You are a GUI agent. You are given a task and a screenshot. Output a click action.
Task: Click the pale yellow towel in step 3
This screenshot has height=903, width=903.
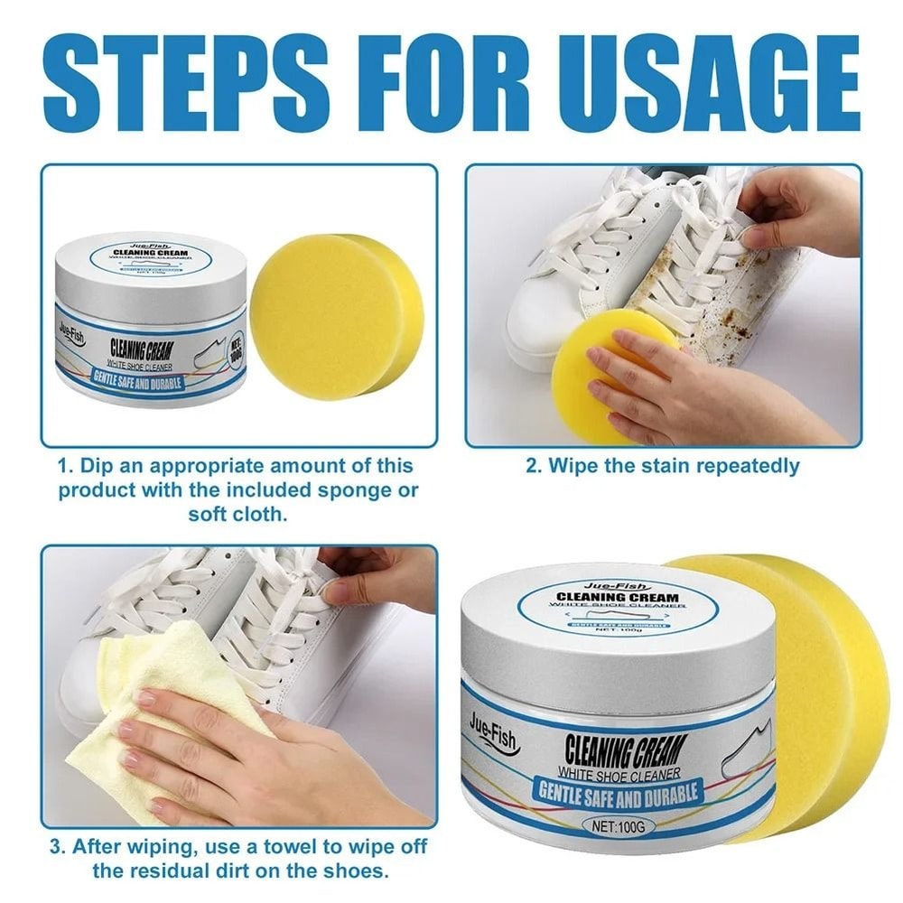tap(154, 713)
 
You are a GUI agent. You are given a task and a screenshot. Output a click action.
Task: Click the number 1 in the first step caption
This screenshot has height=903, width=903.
tap(64, 466)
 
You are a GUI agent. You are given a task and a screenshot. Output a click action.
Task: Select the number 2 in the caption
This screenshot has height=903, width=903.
tap(533, 466)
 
